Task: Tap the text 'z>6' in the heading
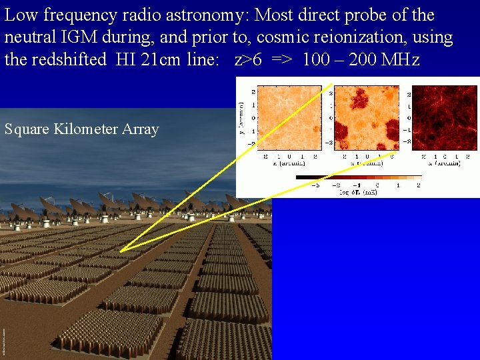pos(248,59)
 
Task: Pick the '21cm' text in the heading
pos(159,59)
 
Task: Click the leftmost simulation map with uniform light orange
pos(286,117)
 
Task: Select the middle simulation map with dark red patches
pos(363,117)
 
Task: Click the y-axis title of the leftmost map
pos(241,117)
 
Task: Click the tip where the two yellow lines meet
pos(120,251)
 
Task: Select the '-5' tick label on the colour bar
pos(298,185)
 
